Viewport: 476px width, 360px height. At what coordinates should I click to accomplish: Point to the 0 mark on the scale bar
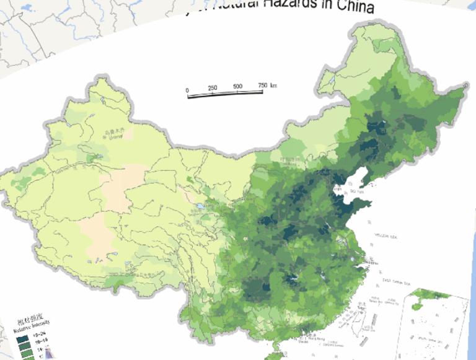[187, 90]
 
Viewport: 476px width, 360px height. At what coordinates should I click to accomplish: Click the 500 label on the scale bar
[237, 86]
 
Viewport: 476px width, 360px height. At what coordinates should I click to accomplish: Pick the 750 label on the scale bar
[262, 85]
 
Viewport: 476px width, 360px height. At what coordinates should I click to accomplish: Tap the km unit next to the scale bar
[273, 84]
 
